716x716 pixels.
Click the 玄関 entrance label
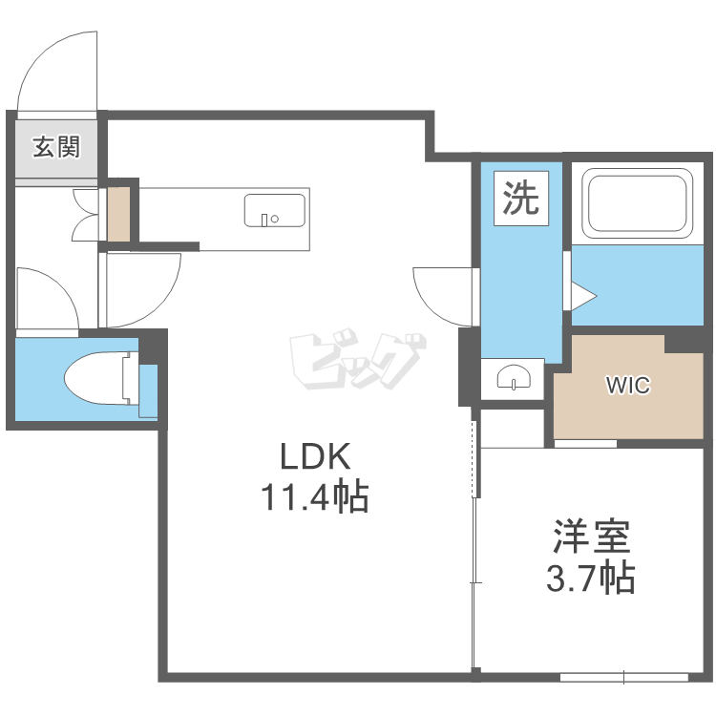[x=56, y=147]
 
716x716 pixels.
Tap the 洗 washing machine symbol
[x=521, y=198]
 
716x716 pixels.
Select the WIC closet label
[x=628, y=385]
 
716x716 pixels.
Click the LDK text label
[x=315, y=456]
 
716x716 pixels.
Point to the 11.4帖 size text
[x=315, y=496]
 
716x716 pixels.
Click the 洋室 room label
[x=591, y=537]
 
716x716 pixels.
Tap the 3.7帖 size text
[x=591, y=578]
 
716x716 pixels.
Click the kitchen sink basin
[x=275, y=211]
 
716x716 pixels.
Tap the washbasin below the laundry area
[x=514, y=377]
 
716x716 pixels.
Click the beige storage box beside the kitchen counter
[x=118, y=214]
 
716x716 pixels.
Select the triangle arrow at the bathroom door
[x=583, y=296]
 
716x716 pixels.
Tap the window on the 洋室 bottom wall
[x=623, y=677]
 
